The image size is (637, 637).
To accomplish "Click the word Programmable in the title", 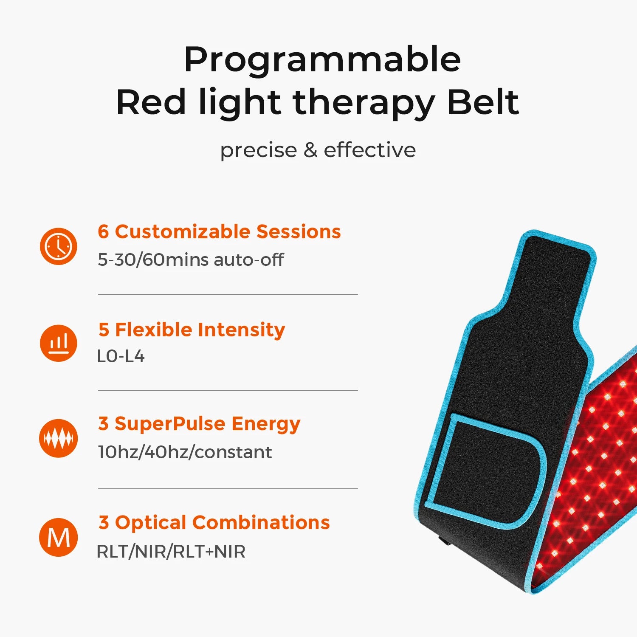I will (322, 60).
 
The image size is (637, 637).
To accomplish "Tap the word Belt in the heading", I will (483, 103).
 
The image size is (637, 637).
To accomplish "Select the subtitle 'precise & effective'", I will (318, 150).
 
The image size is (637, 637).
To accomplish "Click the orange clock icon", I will (59, 246).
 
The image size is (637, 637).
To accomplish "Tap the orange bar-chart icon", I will (59, 343).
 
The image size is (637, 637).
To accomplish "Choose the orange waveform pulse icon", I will (59, 438).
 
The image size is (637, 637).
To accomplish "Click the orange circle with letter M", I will (59, 537).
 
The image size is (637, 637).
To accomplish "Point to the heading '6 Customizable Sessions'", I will (219, 232).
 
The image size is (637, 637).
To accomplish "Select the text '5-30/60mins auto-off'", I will (191, 259).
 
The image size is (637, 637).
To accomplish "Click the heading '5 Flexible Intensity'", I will (192, 330).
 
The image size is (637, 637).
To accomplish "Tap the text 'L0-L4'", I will (121, 356).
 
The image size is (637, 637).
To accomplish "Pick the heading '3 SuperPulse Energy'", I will (199, 424).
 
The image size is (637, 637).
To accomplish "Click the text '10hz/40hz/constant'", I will (185, 452).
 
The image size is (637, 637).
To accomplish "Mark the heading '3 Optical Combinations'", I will (214, 523).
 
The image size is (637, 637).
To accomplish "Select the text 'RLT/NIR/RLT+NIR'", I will (171, 552).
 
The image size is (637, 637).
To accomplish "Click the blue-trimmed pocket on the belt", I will (484, 471).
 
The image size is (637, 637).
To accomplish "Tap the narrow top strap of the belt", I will (552, 272).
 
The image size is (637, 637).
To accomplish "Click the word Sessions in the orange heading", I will (299, 232).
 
